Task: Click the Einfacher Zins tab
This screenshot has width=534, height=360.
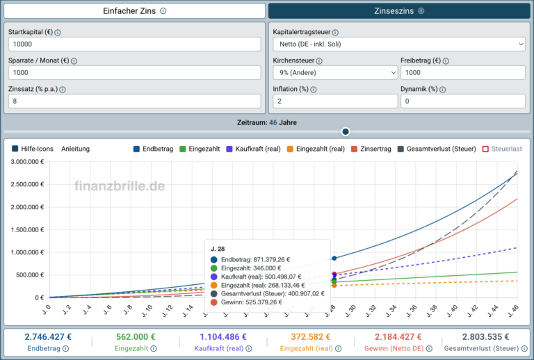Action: click(x=134, y=11)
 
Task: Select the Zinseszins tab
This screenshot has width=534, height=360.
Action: click(x=399, y=11)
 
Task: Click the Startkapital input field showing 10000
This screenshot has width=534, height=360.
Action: click(x=134, y=44)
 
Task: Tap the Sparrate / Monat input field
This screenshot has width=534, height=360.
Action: click(x=134, y=73)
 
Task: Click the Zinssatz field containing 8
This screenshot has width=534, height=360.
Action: click(x=134, y=101)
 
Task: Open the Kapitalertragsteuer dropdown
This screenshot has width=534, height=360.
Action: click(x=399, y=44)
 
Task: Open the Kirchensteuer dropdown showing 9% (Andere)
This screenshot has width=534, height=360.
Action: click(x=335, y=73)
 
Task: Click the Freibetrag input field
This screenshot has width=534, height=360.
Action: click(x=463, y=73)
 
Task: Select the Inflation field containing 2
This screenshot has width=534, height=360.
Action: click(x=335, y=101)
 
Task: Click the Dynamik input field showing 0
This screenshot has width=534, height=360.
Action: click(x=463, y=101)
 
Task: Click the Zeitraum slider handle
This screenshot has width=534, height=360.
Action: click(x=346, y=131)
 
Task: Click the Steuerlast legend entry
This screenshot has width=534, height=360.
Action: click(x=502, y=149)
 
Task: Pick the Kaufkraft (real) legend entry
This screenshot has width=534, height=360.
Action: click(x=254, y=149)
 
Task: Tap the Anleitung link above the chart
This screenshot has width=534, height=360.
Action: click(x=75, y=149)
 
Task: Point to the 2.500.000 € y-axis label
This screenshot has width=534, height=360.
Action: click(x=27, y=184)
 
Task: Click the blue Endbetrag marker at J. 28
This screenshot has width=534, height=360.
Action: click(x=334, y=259)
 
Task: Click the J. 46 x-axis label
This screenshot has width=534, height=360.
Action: click(x=513, y=311)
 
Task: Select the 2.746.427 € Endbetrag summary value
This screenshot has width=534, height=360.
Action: click(x=48, y=337)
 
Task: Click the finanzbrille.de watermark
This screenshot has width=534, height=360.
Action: click(x=120, y=186)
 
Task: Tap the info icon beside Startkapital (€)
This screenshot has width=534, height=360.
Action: click(x=58, y=33)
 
